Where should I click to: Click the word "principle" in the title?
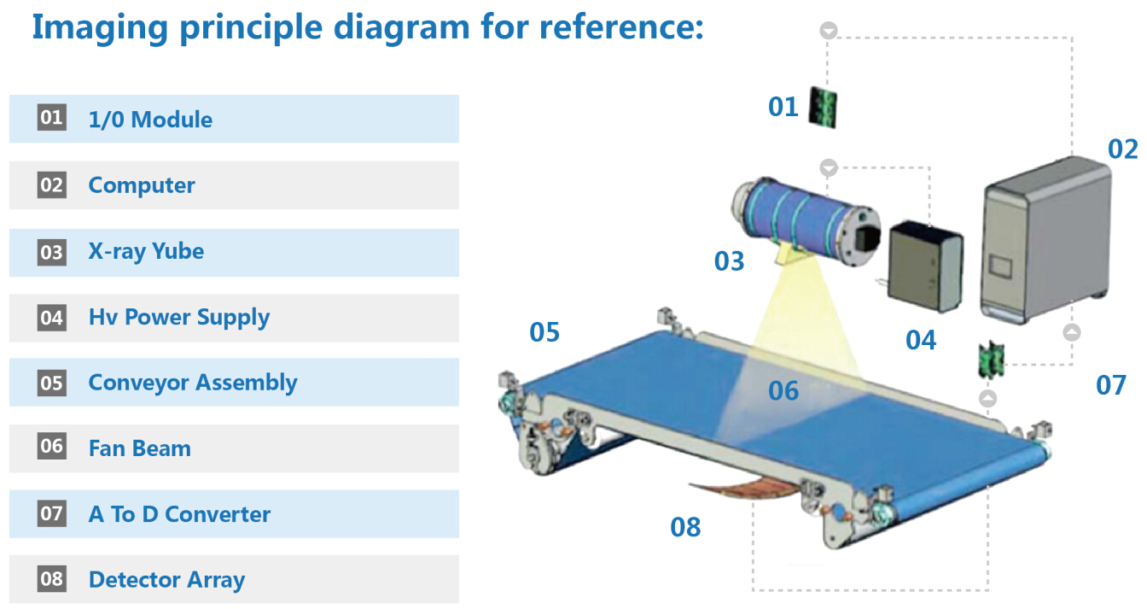point(251,28)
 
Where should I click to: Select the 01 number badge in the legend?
point(52,118)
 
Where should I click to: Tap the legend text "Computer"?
point(142,185)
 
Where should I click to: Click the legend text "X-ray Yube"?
point(146,252)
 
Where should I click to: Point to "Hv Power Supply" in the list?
point(178,318)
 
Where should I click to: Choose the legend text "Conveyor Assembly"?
point(193,384)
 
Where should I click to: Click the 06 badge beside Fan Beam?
point(52,446)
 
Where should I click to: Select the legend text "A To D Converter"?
point(179,514)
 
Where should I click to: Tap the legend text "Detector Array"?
point(166,580)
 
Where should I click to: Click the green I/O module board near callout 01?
point(823,108)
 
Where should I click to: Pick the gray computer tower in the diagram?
point(1045,240)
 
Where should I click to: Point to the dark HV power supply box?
point(925,266)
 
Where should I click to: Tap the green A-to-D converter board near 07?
point(992,360)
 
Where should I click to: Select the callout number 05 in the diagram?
point(544,332)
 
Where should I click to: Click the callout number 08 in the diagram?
point(685,527)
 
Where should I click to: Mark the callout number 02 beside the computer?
point(1122,149)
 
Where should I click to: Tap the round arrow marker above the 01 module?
point(829,30)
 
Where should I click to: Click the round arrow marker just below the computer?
point(1072,332)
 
